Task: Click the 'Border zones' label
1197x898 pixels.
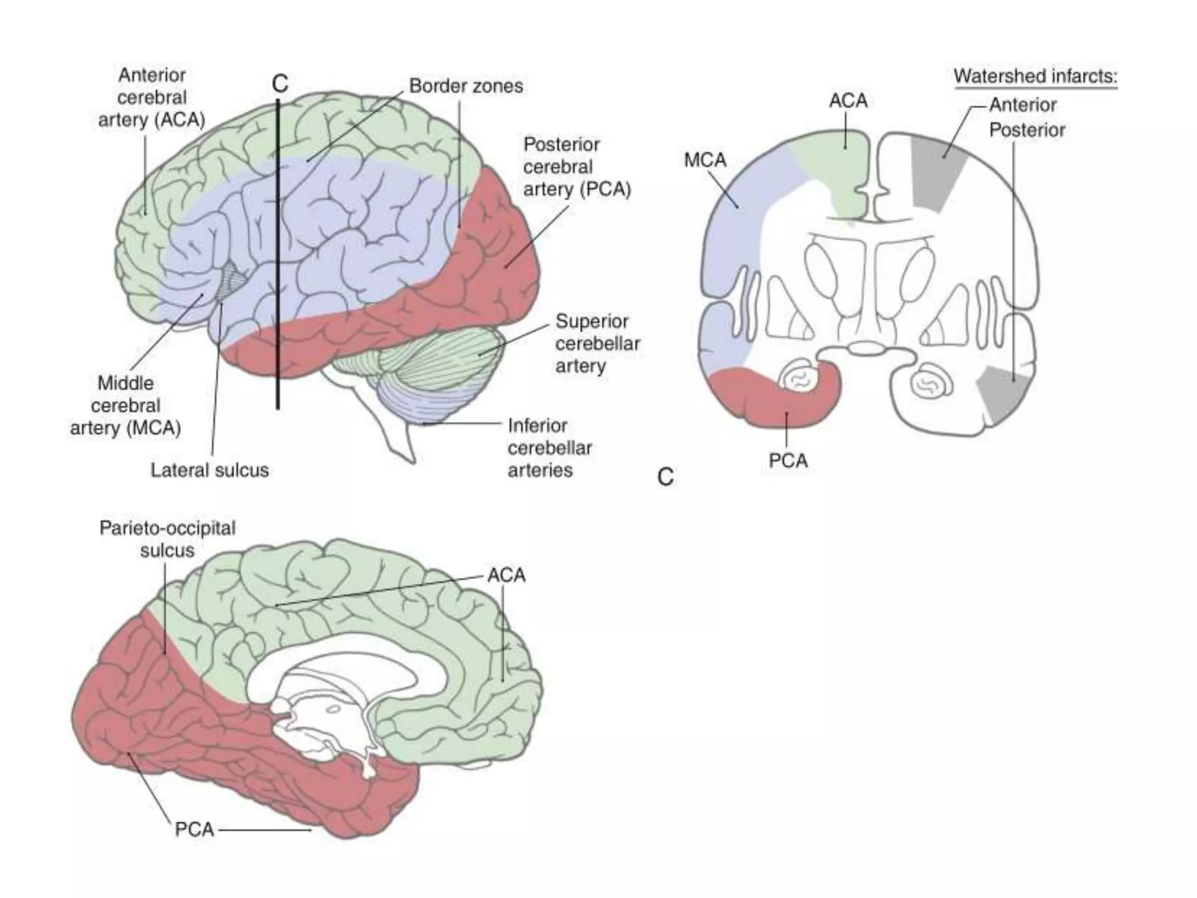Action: [465, 87]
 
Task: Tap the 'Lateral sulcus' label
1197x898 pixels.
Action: [209, 470]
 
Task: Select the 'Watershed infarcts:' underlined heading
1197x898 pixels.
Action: [1035, 77]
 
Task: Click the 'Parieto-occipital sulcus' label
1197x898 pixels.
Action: [167, 539]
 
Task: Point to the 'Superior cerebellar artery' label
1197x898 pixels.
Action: [597, 343]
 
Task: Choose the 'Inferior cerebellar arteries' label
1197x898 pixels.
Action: [549, 448]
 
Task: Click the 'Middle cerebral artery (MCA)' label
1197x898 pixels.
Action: [126, 406]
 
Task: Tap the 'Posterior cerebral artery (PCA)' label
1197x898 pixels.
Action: [576, 167]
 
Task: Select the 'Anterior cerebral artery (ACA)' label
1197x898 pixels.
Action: [151, 98]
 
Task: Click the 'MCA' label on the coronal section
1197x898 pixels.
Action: [705, 160]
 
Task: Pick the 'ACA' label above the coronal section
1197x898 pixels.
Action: [848, 101]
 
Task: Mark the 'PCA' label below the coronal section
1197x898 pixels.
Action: [788, 461]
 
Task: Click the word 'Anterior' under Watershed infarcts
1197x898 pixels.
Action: [1023, 105]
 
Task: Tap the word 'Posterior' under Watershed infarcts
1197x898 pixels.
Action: [1027, 130]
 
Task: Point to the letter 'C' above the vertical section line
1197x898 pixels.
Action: [280, 84]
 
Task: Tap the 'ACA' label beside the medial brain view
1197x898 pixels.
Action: [506, 575]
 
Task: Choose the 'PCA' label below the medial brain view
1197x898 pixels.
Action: [195, 830]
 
